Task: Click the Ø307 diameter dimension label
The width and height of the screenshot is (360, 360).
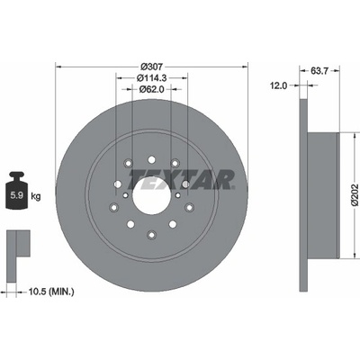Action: click(x=151, y=67)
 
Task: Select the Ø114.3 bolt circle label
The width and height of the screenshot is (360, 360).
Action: click(x=152, y=78)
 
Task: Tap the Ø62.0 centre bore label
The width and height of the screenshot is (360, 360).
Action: click(x=152, y=89)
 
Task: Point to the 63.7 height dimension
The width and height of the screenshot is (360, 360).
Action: click(x=319, y=71)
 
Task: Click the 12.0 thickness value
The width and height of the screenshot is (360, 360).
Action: click(x=279, y=85)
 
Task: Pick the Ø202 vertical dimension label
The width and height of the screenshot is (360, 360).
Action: click(x=355, y=194)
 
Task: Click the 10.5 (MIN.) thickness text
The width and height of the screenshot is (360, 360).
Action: click(x=51, y=292)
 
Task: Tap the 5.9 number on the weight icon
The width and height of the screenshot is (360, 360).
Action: click(x=17, y=196)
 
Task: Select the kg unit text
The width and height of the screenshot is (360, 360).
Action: click(x=36, y=197)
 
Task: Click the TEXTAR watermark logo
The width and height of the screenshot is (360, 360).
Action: click(x=182, y=179)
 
